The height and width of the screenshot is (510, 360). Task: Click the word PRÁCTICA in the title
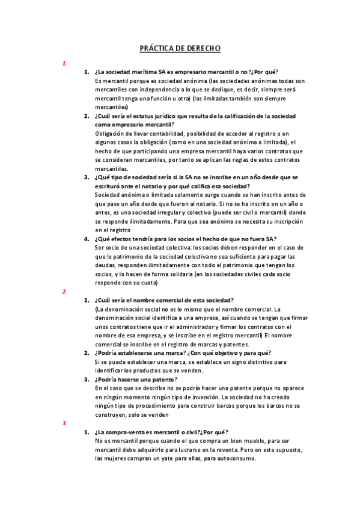point(155,48)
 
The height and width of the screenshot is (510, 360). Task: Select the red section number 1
point(64,63)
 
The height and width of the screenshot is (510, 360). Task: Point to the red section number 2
point(64,292)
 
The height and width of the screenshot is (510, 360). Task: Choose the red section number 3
point(64,423)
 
